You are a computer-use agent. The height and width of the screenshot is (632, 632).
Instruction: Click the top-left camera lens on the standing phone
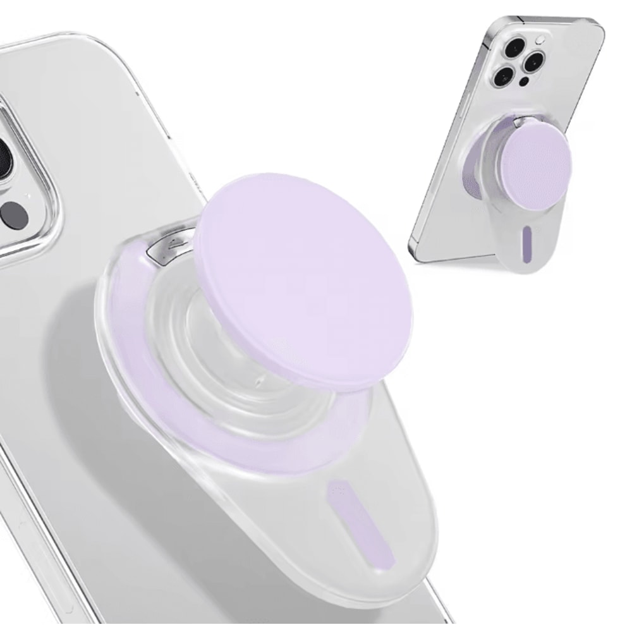coord(515,47)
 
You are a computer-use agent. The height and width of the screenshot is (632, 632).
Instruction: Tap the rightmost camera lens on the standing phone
coord(534,63)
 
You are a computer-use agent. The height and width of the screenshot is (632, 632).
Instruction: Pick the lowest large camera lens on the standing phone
coord(504,76)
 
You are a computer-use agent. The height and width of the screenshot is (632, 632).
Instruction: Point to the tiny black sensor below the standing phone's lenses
coord(524,82)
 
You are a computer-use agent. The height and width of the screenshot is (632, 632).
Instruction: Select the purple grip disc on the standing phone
coord(534,162)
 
